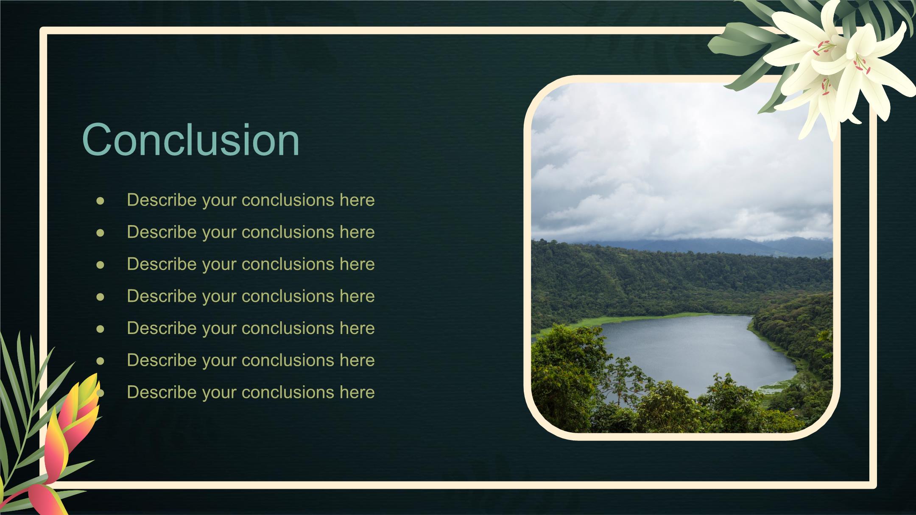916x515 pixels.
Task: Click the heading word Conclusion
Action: [x=191, y=139]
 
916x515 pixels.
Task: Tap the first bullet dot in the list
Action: [x=100, y=200]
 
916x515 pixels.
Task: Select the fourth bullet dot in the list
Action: [x=100, y=297]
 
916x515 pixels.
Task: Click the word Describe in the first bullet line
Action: [x=162, y=200]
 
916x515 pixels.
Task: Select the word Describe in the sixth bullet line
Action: [x=162, y=360]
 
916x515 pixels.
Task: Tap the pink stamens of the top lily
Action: [x=823, y=47]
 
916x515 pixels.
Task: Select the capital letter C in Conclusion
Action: [x=99, y=139]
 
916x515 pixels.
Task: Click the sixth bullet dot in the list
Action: [x=100, y=361]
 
